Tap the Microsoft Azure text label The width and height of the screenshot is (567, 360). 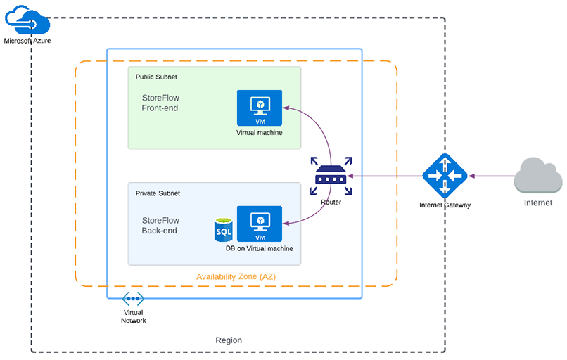click(x=27, y=41)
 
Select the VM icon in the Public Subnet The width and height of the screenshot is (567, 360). click(x=259, y=108)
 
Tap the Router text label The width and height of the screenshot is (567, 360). click(x=331, y=202)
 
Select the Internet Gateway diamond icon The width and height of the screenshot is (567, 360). click(x=445, y=176)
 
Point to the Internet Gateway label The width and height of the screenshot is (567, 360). click(x=445, y=205)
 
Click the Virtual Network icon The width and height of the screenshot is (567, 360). click(x=133, y=299)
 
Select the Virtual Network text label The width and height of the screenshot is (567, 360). click(x=133, y=316)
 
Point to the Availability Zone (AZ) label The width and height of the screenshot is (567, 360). click(x=236, y=276)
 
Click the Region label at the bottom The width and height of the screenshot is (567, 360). click(x=229, y=340)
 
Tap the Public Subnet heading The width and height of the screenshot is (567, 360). click(x=156, y=77)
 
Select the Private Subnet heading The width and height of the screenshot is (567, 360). click(x=158, y=193)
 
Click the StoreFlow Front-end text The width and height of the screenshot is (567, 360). click(x=160, y=103)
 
